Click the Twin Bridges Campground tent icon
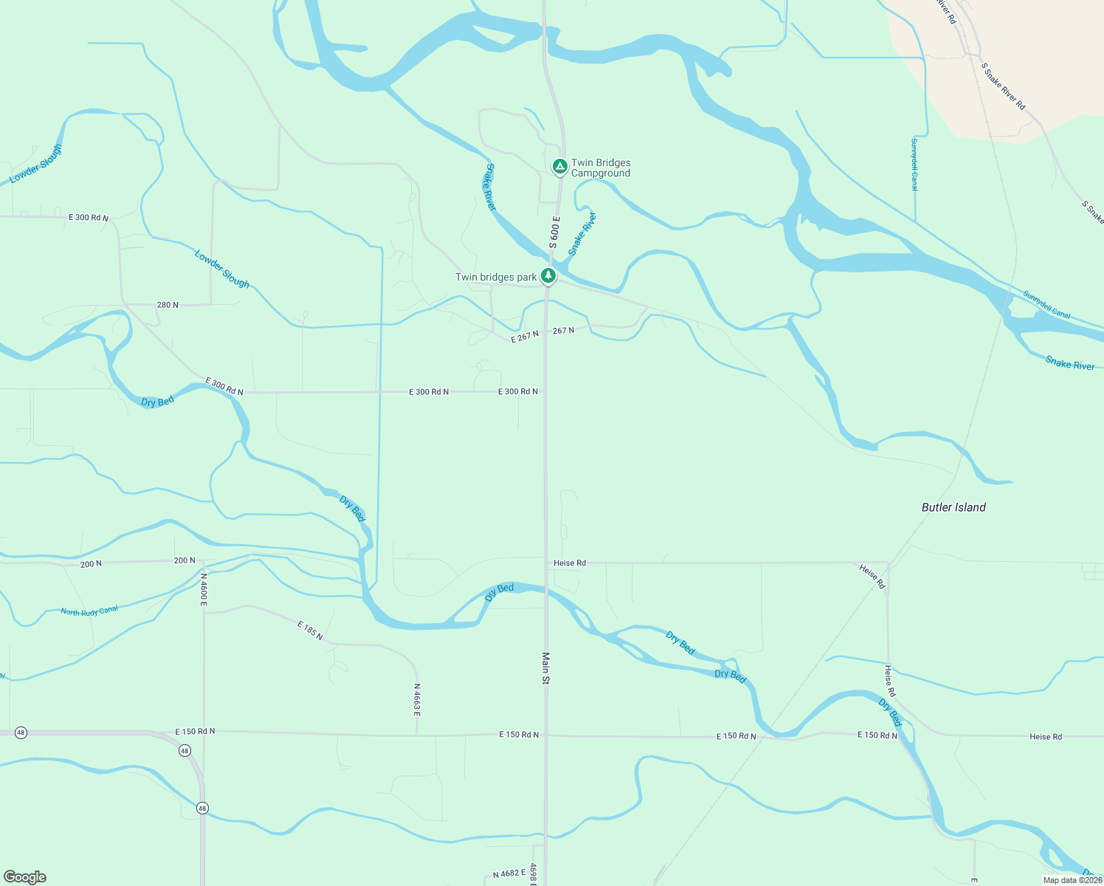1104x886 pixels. point(560,167)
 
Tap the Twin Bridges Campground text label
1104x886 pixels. point(601,168)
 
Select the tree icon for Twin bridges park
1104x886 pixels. point(548,276)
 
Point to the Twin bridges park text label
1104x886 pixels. point(496,278)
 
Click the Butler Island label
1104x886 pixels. point(953,507)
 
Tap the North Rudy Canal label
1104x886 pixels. point(89,611)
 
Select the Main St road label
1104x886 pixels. point(546,668)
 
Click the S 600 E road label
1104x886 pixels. point(554,233)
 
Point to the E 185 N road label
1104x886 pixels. point(310,631)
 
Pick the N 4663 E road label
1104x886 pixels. point(416,700)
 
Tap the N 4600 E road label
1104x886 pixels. point(204,589)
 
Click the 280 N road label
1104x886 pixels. point(168,305)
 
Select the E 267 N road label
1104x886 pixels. point(525,337)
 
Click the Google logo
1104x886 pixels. point(25,877)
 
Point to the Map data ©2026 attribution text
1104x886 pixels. point(1072,880)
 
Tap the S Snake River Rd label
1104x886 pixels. point(1003,86)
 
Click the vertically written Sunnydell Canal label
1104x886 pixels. point(914,165)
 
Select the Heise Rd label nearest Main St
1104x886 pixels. point(570,563)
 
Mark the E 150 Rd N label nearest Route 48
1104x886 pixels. point(195,732)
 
